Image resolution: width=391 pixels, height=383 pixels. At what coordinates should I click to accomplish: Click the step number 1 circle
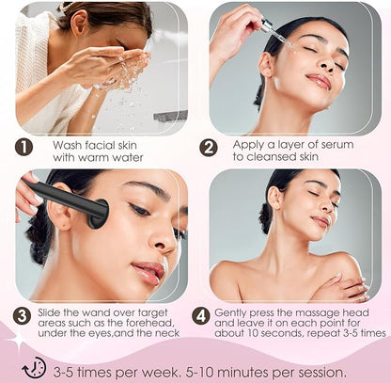23,147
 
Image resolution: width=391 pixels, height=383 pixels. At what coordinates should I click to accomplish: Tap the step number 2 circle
209,148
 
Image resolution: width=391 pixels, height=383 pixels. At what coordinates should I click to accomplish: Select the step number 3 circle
22,316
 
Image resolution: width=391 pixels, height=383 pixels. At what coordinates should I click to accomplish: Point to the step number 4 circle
201,316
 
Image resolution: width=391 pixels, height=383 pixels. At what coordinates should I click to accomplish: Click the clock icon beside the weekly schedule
34,367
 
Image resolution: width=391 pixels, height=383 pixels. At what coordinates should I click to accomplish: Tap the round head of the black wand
99,214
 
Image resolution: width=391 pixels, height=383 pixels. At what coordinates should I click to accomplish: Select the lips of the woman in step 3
149,272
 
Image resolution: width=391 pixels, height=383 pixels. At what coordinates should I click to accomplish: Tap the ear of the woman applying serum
266,64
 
